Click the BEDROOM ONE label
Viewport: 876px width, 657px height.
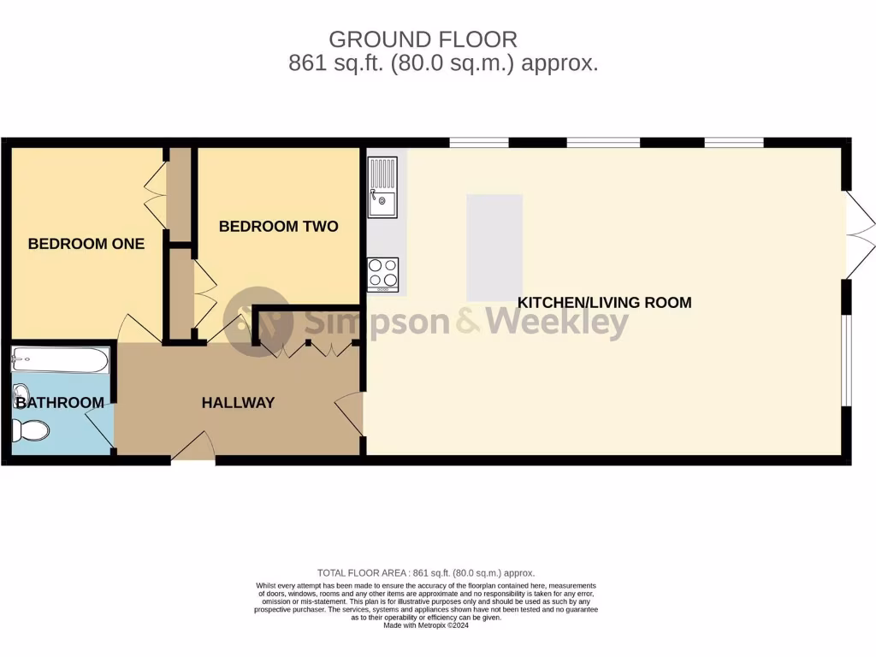click(86, 244)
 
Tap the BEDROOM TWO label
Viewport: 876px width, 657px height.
click(278, 227)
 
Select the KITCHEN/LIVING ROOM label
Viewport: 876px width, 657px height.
click(604, 303)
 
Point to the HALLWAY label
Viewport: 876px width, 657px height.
click(238, 402)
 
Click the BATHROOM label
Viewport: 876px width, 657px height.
click(60, 402)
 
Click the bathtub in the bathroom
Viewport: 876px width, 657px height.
click(61, 359)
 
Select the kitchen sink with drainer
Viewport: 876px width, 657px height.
click(382, 186)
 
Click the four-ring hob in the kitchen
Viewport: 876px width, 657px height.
click(382, 274)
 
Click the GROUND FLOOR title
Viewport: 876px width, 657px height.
click(423, 39)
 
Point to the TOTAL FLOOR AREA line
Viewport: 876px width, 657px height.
click(425, 573)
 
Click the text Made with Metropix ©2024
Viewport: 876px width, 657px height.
click(425, 625)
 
